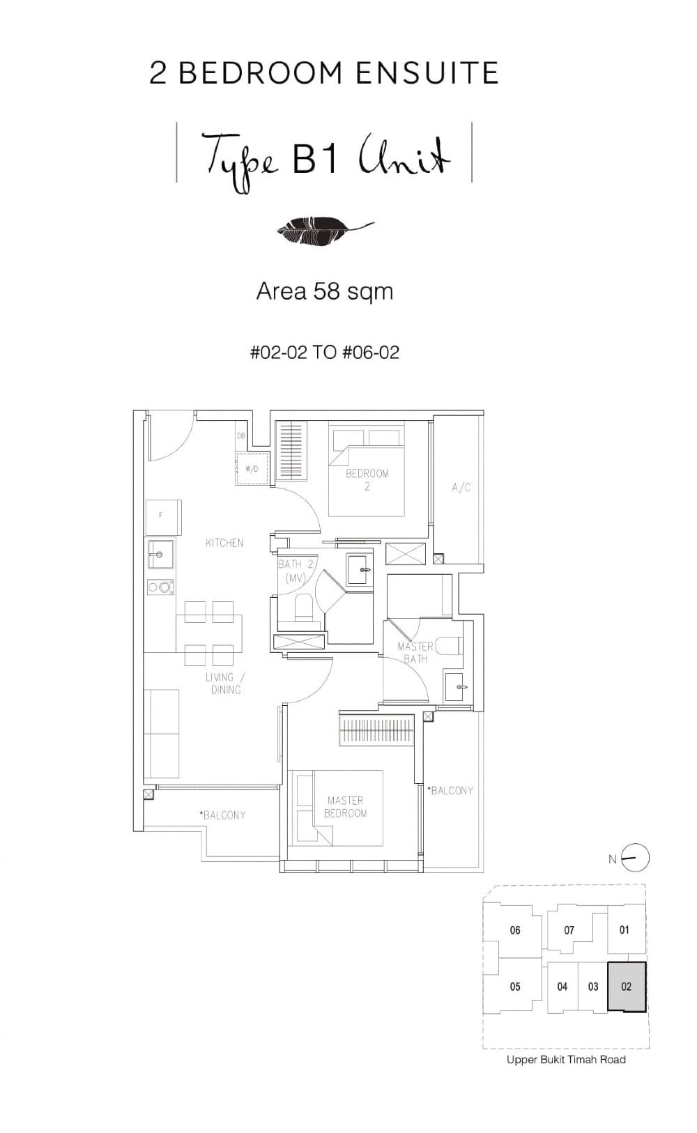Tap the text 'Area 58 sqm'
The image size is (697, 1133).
pos(325,291)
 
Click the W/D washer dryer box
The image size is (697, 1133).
pos(252,468)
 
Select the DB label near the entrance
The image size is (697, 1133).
pos(241,436)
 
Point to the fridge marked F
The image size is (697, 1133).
pos(163,516)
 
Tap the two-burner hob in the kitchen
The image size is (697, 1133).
pos(161,587)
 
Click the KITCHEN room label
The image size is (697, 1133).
pos(224,542)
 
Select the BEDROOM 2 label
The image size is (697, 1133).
pos(367,479)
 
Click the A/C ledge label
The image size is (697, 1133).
pos(461,487)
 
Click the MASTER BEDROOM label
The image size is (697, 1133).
pos(345,807)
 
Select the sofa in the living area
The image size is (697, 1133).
pos(162,734)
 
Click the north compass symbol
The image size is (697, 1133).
pos(635,858)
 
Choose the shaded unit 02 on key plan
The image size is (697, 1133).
pos(627,987)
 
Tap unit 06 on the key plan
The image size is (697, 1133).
pos(515,930)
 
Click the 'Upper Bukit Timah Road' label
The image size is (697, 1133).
pos(566,1060)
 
